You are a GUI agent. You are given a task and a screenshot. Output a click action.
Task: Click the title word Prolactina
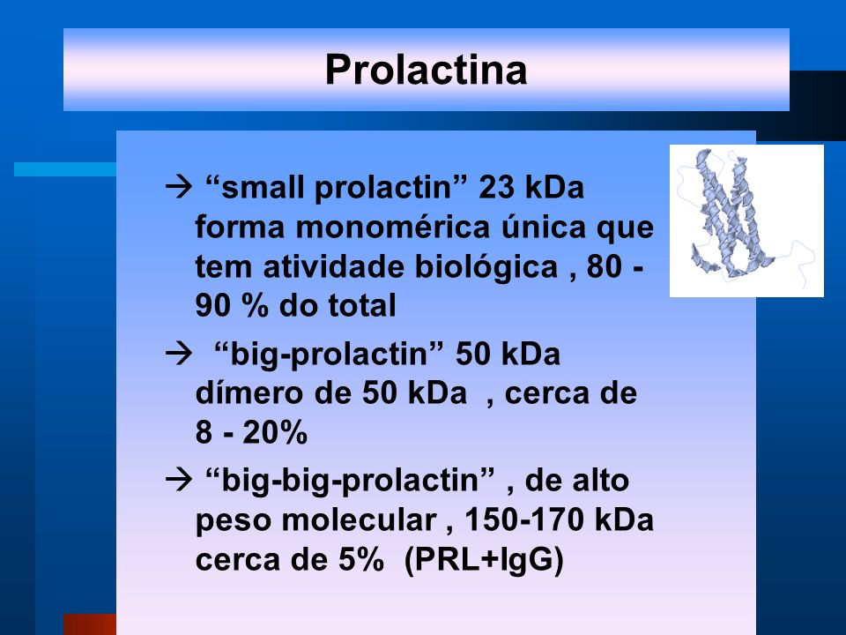coord(426,70)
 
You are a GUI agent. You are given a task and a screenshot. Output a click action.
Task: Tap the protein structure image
coord(746,220)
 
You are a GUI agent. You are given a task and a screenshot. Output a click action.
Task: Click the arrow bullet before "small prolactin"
coord(179,187)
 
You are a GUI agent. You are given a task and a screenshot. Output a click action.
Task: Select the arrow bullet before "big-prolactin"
coord(179,355)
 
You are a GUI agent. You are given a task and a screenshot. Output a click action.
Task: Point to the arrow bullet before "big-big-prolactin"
coord(179,480)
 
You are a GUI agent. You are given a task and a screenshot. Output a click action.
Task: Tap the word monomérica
coord(393,227)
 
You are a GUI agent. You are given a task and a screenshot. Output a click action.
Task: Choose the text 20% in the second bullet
coord(275,432)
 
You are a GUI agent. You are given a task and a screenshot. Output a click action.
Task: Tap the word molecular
coord(359,520)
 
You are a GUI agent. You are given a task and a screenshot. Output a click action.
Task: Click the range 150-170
coord(524,520)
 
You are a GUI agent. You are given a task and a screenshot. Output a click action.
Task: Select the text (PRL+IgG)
coord(484,560)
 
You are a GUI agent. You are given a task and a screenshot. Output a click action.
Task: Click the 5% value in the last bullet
coord(361,560)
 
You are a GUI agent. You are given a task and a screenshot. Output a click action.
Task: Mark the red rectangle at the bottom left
coord(90,624)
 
